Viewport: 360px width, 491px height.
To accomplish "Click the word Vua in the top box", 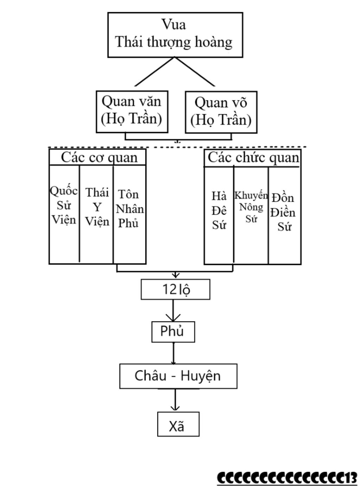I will click(173, 25).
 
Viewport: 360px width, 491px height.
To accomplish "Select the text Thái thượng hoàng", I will click(174, 42).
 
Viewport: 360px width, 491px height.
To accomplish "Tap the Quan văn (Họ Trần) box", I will click(132, 111).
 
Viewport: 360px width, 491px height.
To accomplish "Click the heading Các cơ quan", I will click(99, 157).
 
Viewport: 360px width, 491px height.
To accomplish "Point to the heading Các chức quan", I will click(253, 157).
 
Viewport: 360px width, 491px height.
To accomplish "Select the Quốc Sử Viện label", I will click(64, 205).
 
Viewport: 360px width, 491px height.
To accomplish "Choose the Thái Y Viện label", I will click(97, 207).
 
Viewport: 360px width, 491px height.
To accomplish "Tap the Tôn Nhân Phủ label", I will click(129, 209).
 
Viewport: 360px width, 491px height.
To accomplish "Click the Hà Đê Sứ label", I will click(219, 211).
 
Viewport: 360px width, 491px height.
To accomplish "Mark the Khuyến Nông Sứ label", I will click(251, 207).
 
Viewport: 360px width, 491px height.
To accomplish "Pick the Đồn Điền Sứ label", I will click(284, 212).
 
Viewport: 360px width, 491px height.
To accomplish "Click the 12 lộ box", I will click(175, 289).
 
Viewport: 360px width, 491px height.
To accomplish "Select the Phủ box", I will click(173, 331).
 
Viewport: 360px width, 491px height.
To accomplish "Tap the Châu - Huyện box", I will click(178, 376).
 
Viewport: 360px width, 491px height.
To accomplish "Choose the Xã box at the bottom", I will click(178, 424).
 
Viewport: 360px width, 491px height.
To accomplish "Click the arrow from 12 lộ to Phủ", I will click(173, 311).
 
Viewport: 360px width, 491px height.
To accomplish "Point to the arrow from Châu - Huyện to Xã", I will click(175, 401).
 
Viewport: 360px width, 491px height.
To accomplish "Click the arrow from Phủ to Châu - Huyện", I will click(173, 353).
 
